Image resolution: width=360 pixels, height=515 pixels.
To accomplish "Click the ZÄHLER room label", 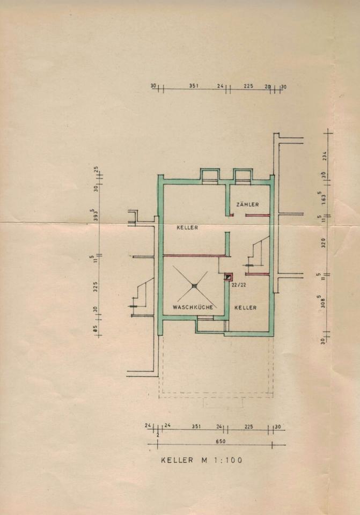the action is click(x=247, y=204).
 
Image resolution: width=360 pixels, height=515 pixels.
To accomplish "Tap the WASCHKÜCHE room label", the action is click(x=193, y=307).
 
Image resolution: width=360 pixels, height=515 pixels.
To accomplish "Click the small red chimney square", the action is click(x=229, y=277).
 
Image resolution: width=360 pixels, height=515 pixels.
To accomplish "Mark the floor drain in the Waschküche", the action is click(x=194, y=286).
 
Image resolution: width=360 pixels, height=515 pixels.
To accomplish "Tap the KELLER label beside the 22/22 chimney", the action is click(x=245, y=307).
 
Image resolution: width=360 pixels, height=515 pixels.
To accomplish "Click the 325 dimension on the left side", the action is click(x=95, y=286).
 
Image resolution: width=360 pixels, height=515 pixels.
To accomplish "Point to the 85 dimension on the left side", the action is click(x=95, y=328).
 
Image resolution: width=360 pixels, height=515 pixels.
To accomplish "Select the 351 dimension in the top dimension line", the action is click(x=194, y=85).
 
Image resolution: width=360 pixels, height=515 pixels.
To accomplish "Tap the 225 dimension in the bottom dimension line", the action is click(x=248, y=426).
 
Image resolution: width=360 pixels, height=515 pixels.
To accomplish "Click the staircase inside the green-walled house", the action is click(x=256, y=252).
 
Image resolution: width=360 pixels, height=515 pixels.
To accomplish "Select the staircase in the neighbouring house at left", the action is click(x=142, y=295).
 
